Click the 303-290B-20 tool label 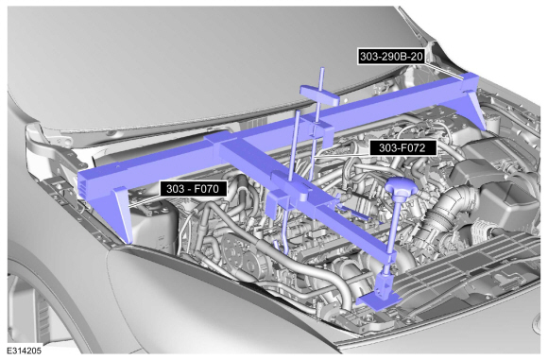391,57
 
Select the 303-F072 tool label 402,147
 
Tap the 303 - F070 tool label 193,189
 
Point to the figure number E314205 24,351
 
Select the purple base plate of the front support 379,300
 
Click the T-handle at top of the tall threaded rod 319,95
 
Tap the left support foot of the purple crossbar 123,214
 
